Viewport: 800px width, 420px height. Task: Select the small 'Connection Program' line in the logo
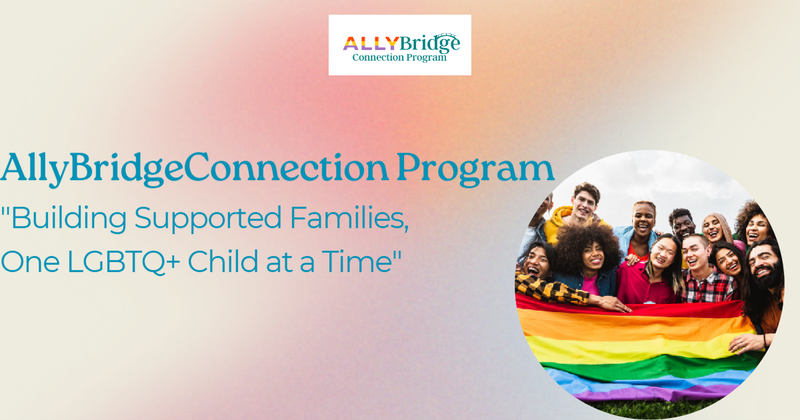tap(399, 58)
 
